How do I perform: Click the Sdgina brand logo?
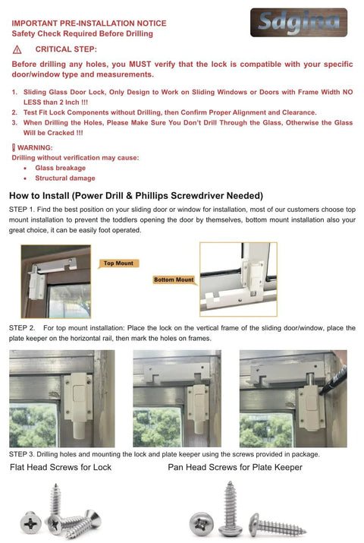(x=298, y=22)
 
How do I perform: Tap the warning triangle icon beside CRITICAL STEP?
(x=17, y=49)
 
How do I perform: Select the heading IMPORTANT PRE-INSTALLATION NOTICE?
(x=82, y=24)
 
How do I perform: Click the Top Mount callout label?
(x=118, y=264)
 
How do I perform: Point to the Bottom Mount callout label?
(x=174, y=279)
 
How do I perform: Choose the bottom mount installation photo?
(x=237, y=278)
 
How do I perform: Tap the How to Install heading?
(x=136, y=195)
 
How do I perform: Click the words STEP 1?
(x=22, y=209)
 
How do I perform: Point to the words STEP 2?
(x=22, y=328)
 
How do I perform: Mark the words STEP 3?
(x=22, y=454)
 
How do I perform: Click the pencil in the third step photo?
(x=334, y=379)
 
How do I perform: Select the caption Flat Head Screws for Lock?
(x=61, y=467)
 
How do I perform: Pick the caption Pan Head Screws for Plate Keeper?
(x=235, y=467)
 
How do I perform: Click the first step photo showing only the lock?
(x=62, y=399)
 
